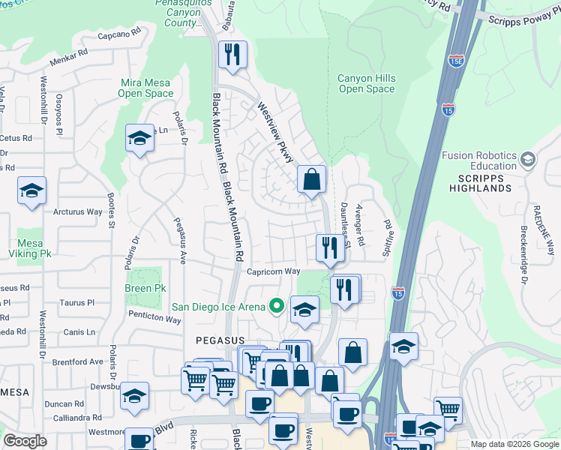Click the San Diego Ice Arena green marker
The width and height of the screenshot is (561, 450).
(277, 306)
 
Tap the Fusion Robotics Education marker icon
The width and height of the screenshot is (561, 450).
(528, 160)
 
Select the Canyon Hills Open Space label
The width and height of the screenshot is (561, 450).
(366, 83)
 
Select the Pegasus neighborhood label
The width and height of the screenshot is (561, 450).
(217, 340)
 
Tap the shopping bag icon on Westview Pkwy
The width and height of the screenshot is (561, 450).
(311, 179)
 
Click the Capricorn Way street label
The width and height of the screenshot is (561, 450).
(274, 271)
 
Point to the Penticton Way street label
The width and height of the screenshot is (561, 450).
(154, 319)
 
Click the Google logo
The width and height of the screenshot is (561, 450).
(25, 441)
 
